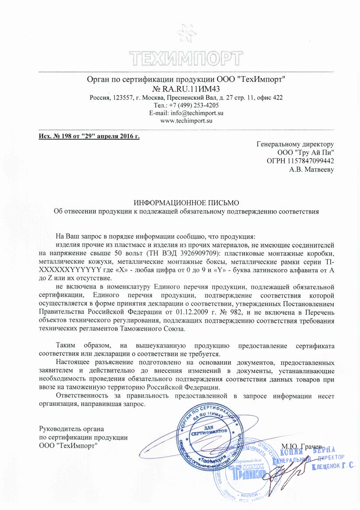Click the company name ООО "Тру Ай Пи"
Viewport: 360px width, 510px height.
(x=306, y=152)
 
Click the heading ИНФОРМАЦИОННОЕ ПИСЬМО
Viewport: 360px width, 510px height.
(x=186, y=202)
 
